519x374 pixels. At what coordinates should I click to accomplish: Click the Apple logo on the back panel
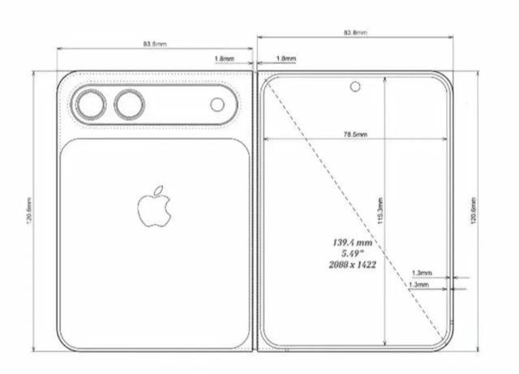pyautogui.click(x=153, y=208)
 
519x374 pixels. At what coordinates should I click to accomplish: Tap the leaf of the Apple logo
pyautogui.click(x=160, y=190)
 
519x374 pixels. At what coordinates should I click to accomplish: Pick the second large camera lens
pyautogui.click(x=129, y=104)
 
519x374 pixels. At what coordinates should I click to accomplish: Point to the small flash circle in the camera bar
pyautogui.click(x=217, y=104)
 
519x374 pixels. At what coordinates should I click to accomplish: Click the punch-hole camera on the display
pyautogui.click(x=355, y=86)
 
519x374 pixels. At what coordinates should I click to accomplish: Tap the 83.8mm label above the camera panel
pyautogui.click(x=154, y=42)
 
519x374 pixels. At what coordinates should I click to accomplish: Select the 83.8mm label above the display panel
pyautogui.click(x=355, y=32)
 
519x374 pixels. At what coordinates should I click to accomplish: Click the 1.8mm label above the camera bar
pyautogui.click(x=225, y=59)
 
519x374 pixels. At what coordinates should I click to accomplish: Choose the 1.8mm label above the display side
pyautogui.click(x=285, y=59)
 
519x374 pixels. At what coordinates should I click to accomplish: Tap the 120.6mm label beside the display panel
pyautogui.click(x=473, y=210)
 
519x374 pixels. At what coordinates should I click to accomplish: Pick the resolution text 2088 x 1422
pyautogui.click(x=352, y=265)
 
